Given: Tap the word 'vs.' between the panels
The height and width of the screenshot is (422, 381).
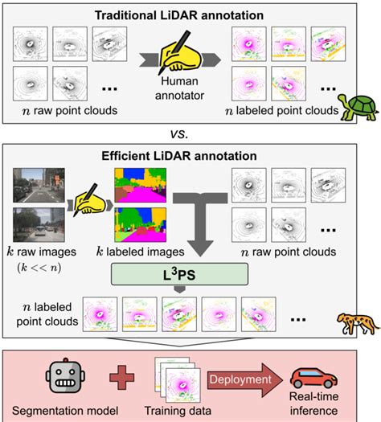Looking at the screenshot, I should [190, 133].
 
